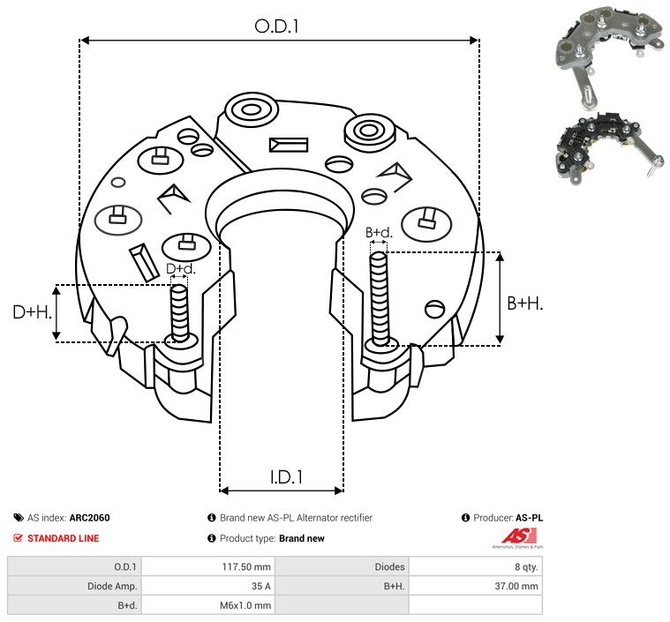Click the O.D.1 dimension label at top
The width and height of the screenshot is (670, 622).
(277, 26)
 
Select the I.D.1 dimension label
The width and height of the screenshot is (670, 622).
(287, 477)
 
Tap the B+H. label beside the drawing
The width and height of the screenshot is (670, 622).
(524, 303)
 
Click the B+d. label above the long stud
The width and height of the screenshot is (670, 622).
(379, 233)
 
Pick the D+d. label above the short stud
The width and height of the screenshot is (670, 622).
(180, 268)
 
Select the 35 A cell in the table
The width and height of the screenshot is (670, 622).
(260, 586)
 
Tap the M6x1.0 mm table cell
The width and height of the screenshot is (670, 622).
(245, 605)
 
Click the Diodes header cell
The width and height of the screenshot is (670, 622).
(388, 566)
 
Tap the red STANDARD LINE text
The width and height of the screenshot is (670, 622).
(63, 538)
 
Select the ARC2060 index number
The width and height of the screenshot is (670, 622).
(89, 518)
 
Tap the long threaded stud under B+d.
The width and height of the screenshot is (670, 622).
(380, 300)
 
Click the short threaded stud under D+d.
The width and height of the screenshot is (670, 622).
(179, 312)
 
